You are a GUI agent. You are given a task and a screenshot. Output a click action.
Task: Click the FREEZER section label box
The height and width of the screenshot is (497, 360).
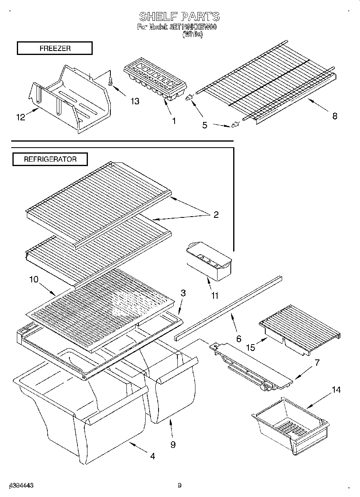[x=55, y=48]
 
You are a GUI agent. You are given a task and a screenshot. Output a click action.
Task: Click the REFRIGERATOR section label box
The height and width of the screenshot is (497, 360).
[x=50, y=159]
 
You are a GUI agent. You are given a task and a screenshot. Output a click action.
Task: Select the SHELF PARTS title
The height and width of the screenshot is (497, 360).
[x=179, y=16]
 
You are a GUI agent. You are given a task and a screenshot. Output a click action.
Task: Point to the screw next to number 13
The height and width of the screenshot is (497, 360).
[x=111, y=81]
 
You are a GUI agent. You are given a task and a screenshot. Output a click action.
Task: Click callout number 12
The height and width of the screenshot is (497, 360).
[x=20, y=117]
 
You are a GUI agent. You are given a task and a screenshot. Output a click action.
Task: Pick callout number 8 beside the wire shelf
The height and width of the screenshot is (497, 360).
[x=334, y=116]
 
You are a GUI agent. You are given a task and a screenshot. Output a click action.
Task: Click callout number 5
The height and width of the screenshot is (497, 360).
[x=205, y=125]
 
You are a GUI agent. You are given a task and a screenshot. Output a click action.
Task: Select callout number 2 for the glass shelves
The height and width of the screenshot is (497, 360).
[x=216, y=215]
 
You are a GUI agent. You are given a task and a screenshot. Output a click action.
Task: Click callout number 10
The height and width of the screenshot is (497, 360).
[x=34, y=279]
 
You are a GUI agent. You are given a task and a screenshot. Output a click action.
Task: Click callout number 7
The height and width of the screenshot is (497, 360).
[x=317, y=363]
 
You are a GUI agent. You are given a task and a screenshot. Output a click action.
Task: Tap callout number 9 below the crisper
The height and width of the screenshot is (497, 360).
[x=173, y=445]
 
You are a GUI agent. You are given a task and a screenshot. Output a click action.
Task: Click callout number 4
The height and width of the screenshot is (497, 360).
[x=153, y=456]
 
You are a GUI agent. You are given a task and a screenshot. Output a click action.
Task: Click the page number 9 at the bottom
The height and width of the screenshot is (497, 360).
[x=179, y=486]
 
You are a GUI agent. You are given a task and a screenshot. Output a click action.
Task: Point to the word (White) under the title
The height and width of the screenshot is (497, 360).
[x=193, y=34]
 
